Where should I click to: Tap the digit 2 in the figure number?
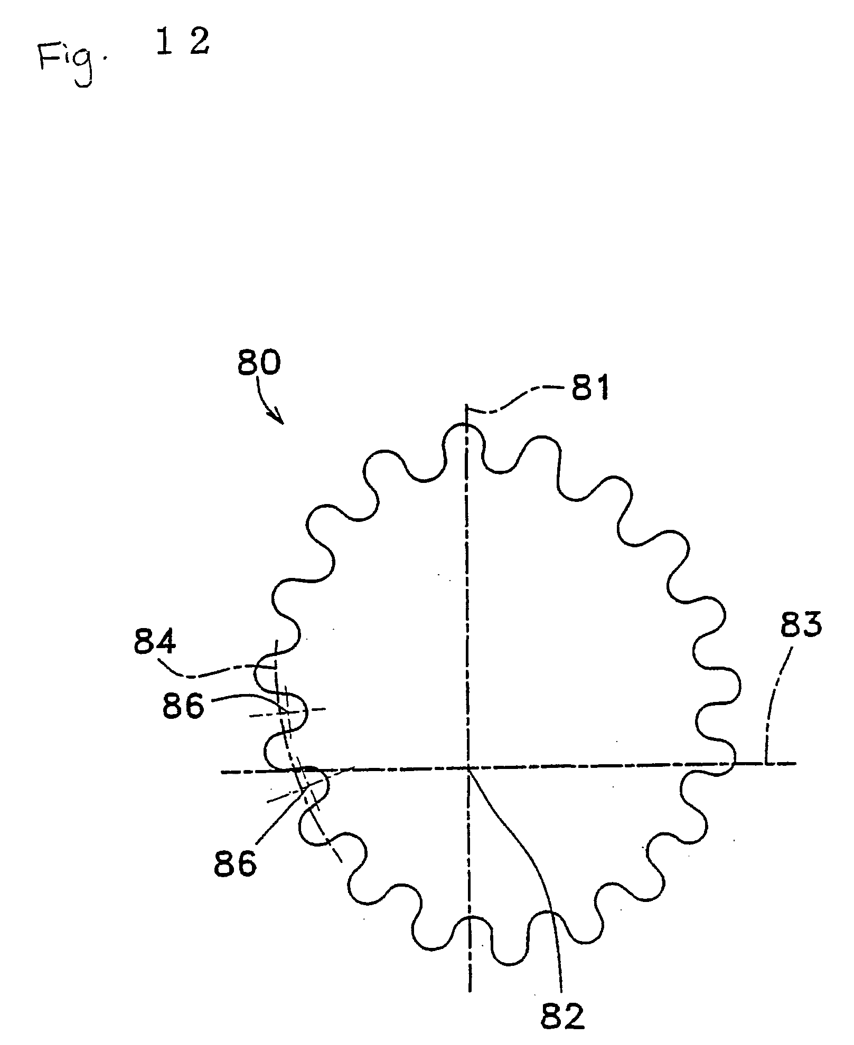[x=200, y=41]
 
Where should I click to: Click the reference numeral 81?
[x=589, y=389]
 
